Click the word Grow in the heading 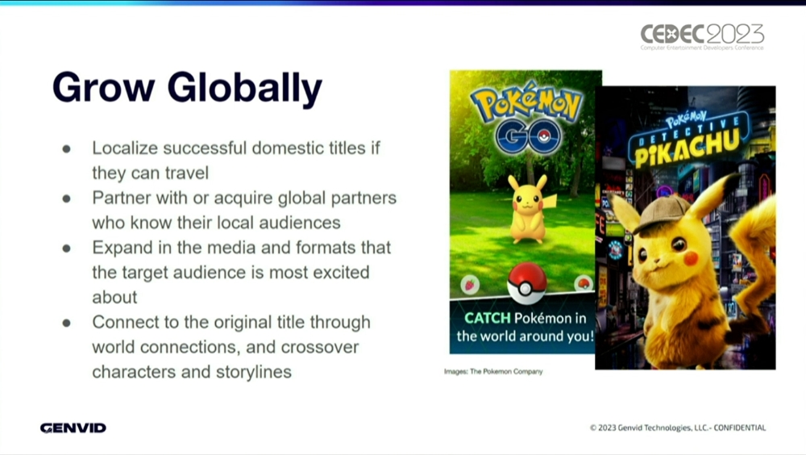(x=103, y=87)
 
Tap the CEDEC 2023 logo (x=702, y=36)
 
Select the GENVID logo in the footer (x=73, y=428)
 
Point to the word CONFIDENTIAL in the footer (x=740, y=428)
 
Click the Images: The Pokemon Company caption (x=493, y=371)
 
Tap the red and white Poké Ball (x=526, y=284)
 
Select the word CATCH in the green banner (x=488, y=318)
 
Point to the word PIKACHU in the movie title (x=688, y=147)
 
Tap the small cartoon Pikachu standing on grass (x=529, y=208)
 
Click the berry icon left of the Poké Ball (x=469, y=285)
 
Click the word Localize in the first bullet (x=125, y=148)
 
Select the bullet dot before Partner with (x=66, y=198)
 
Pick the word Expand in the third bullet (x=123, y=248)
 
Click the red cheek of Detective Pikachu (x=691, y=257)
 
